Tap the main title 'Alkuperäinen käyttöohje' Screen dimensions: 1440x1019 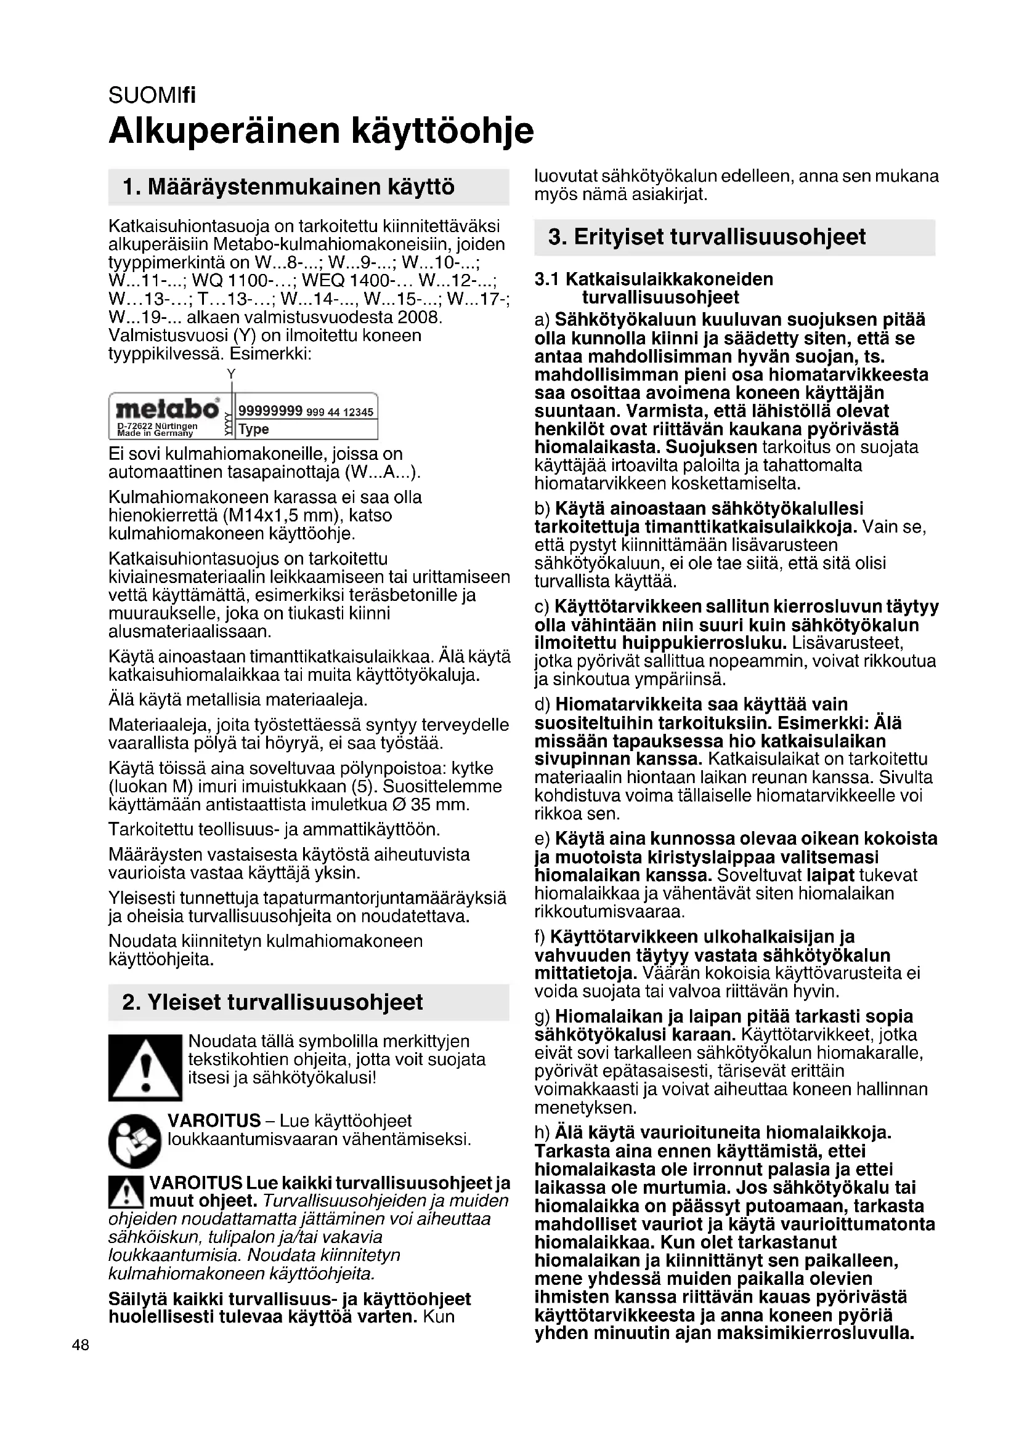[321, 131]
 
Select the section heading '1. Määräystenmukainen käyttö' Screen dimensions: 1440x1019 [288, 187]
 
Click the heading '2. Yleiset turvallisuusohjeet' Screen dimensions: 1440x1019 [272, 1002]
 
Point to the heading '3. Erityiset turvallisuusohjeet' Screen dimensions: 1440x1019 [707, 237]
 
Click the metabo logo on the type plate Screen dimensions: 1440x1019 [168, 410]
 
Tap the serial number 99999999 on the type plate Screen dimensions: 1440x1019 [271, 411]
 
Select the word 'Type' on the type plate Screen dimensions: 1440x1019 [254, 430]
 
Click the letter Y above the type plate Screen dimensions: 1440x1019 [231, 374]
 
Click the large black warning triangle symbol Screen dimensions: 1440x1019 [145, 1068]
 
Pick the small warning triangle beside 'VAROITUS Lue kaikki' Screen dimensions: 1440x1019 [126, 1193]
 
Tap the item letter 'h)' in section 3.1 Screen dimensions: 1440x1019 [542, 1133]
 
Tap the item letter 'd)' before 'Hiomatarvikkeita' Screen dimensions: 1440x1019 [542, 704]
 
